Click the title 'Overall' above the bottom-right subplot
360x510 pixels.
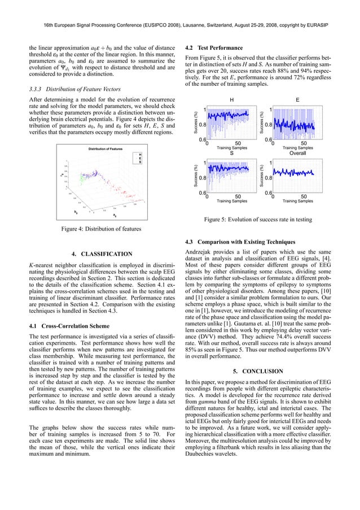coord(297,152)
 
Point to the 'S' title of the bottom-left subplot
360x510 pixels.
coord(231,152)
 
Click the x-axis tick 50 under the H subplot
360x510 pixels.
coord(238,143)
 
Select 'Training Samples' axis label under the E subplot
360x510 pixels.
coord(297,148)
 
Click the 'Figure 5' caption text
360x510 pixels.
coord(265,220)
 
